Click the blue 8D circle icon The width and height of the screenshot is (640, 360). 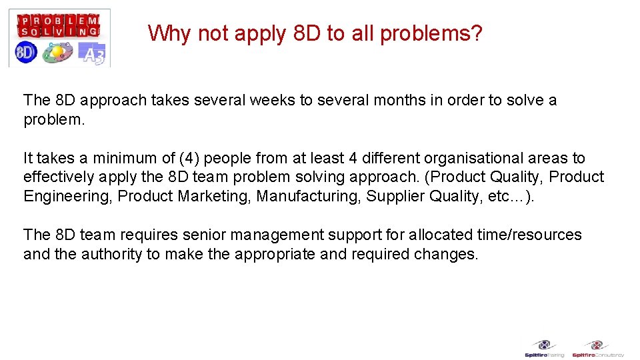pyautogui.click(x=25, y=53)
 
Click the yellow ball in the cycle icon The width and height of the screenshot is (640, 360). pyautogui.click(x=59, y=51)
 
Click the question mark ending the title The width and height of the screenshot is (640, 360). pyautogui.click(x=475, y=33)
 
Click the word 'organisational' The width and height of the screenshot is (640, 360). pyautogui.click(x=445, y=159)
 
